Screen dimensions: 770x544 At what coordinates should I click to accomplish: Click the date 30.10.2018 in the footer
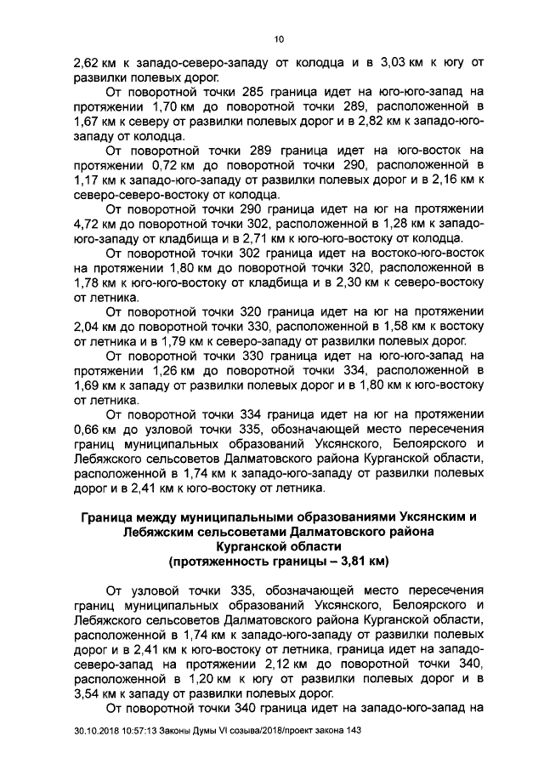(99, 733)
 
